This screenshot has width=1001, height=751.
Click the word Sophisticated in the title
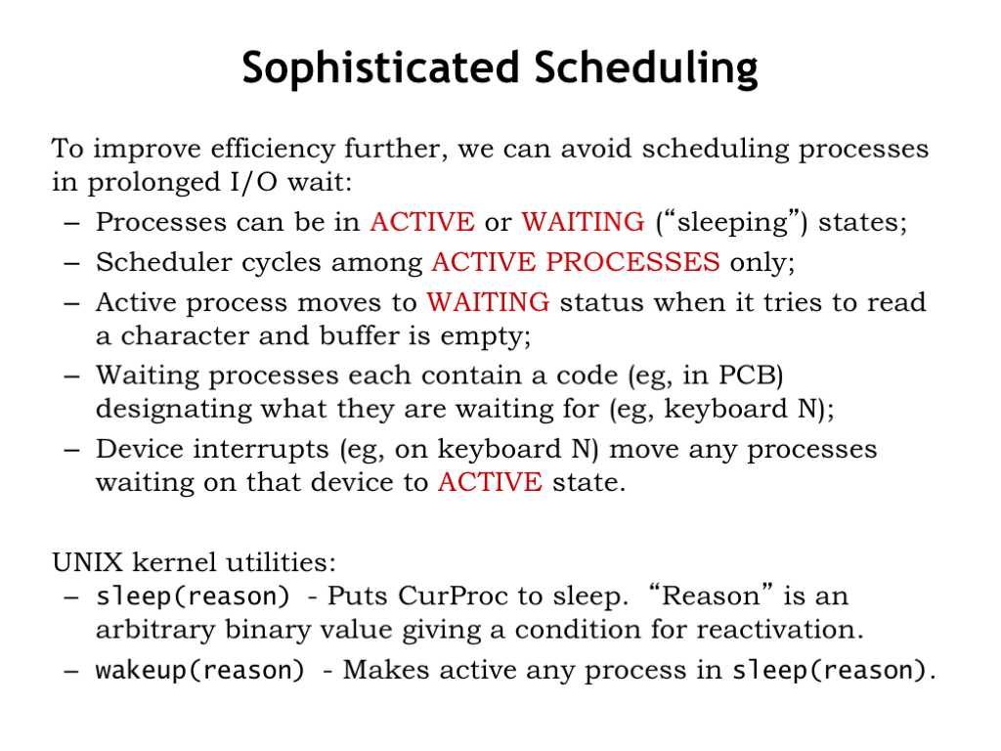pyautogui.click(x=380, y=67)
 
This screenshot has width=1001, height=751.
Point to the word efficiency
pyautogui.click(x=273, y=150)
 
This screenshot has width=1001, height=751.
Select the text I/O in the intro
pyautogui.click(x=254, y=183)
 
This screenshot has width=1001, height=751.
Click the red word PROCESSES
pyautogui.click(x=633, y=262)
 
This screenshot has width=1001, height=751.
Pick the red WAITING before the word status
pyautogui.click(x=489, y=302)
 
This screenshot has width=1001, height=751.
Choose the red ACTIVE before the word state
pyautogui.click(x=491, y=482)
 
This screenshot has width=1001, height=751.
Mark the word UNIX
pyautogui.click(x=87, y=562)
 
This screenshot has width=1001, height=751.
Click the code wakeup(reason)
pyautogui.click(x=199, y=671)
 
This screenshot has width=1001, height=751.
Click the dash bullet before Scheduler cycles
pyautogui.click(x=71, y=263)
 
